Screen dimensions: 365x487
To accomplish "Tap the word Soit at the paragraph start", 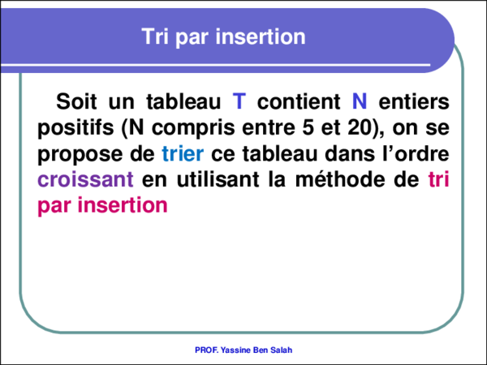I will (77, 103).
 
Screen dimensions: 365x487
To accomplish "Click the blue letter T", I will (239, 103).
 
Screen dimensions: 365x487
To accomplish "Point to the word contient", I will (299, 103).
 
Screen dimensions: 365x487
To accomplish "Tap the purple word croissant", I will (85, 180).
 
